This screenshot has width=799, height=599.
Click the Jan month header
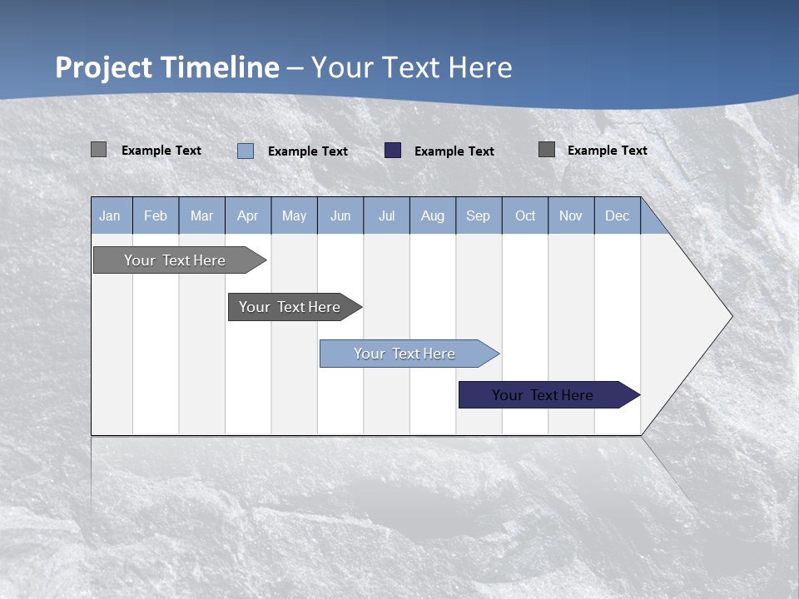(x=111, y=215)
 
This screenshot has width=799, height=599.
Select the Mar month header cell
(x=201, y=215)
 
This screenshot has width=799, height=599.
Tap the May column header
(x=294, y=215)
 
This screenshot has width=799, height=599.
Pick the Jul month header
(x=386, y=215)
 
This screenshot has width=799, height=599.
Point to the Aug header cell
(x=432, y=215)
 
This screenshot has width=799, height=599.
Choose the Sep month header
(x=478, y=215)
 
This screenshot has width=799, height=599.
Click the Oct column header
(x=524, y=215)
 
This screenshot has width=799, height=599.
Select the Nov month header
(x=570, y=215)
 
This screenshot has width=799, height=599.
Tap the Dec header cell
(x=617, y=215)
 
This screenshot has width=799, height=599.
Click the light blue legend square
(x=246, y=151)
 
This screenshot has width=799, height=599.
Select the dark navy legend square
(x=393, y=151)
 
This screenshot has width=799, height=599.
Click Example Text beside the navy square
(x=454, y=151)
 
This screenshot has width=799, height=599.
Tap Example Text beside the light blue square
(x=307, y=151)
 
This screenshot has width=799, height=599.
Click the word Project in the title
(x=104, y=67)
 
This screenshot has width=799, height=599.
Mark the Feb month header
(x=156, y=215)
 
